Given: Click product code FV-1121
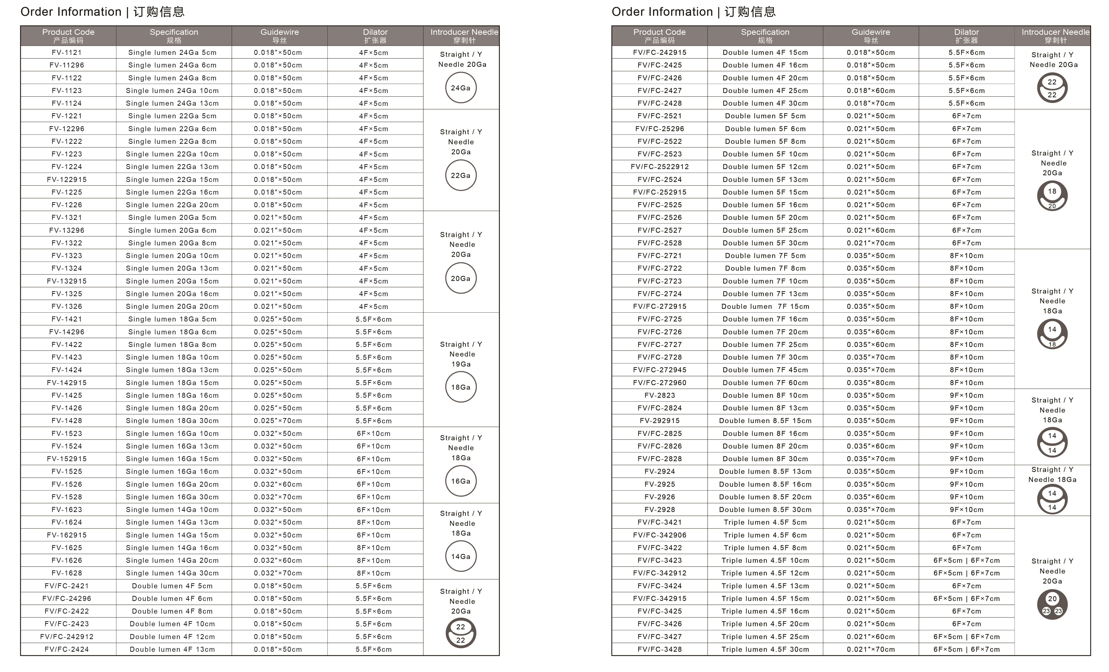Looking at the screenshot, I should (67, 52).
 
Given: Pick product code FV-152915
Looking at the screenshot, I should (67, 459).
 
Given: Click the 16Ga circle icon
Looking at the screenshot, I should (461, 481).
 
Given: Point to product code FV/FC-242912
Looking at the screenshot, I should (67, 636).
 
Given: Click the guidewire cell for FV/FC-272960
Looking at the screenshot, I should (871, 383).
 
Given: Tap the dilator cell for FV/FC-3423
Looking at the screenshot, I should (966, 560).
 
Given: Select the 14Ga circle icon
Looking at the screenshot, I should (461, 557).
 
